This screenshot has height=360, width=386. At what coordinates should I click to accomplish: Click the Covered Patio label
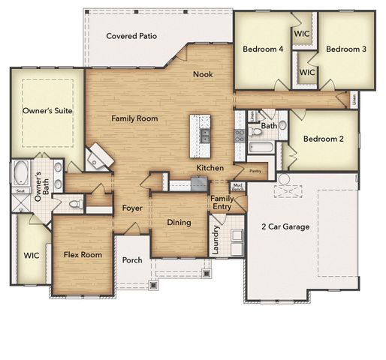coord(131,36)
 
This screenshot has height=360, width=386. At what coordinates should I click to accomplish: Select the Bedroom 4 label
coord(263,49)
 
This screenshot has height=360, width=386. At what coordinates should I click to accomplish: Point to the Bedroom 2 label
coord(327,139)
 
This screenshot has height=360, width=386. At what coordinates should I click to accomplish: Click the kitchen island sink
coord(204,135)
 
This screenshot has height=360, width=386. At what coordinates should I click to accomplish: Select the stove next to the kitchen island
coord(240,136)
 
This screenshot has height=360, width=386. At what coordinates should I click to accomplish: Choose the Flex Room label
coord(82,255)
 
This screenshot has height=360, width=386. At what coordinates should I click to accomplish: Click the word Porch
coord(132,260)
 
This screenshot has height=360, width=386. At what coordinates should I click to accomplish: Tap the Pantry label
coord(255,171)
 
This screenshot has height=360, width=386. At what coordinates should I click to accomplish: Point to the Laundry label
coord(216,240)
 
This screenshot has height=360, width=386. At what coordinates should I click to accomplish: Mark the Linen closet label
coord(353,97)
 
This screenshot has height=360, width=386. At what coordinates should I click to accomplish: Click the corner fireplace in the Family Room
coord(98,157)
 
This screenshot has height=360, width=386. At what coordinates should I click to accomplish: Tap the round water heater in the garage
coord(284,179)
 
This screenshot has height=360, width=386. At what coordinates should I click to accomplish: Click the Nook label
coord(203,73)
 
